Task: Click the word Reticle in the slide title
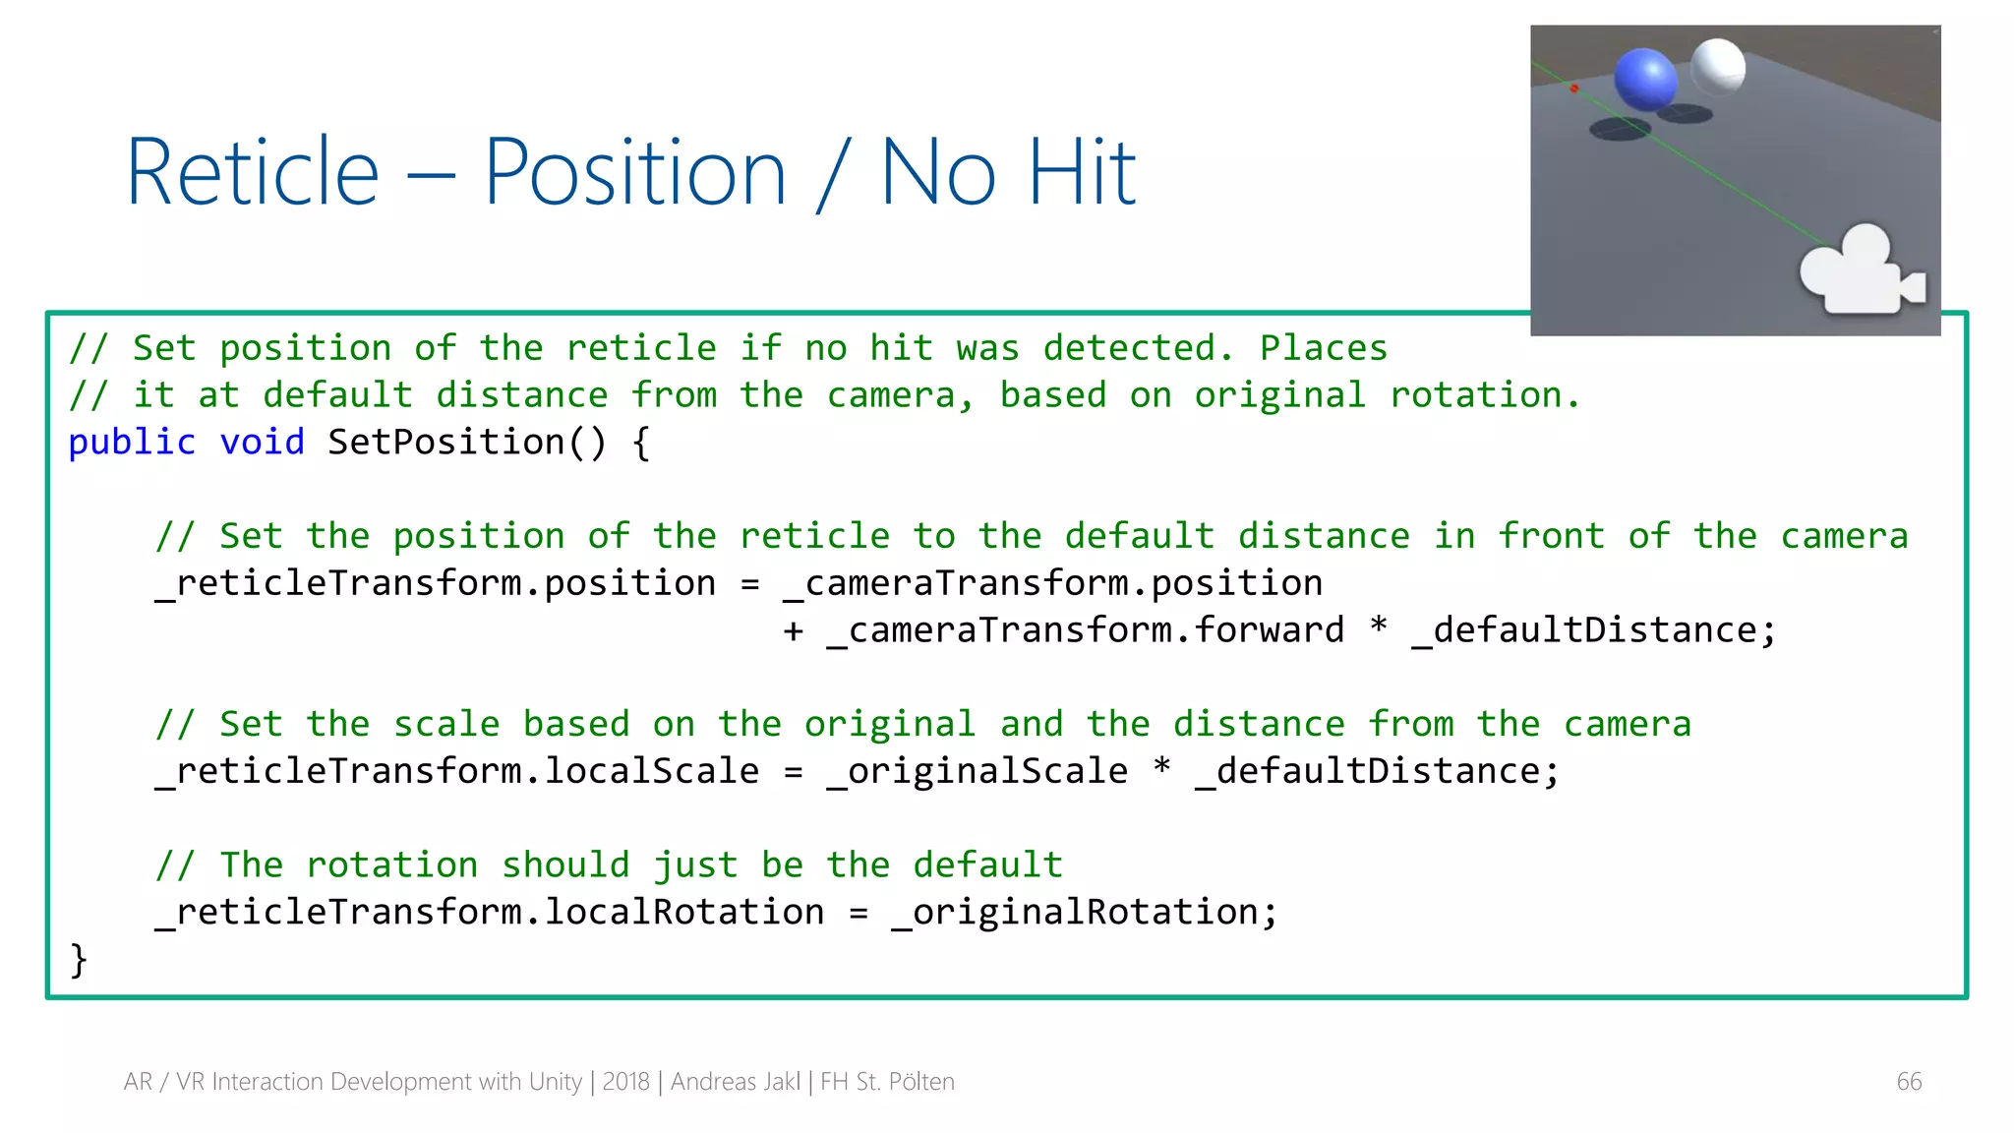[x=253, y=173]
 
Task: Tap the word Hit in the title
[x=1082, y=173]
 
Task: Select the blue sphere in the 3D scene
[x=1645, y=79]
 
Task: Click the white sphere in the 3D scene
[x=1718, y=66]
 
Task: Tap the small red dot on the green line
[x=1574, y=89]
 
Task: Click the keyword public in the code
[x=132, y=443]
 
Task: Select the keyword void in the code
[x=262, y=443]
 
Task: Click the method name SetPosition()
[x=467, y=443]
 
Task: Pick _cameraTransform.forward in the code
[x=1085, y=630]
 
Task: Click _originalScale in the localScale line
[x=977, y=771]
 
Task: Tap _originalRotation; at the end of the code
[x=1084, y=913]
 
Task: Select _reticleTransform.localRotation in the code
[x=490, y=913]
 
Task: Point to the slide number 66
[x=1909, y=1082]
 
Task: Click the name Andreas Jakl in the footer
[x=736, y=1082]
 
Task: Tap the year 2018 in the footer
[x=625, y=1082]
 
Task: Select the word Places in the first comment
[x=1323, y=348]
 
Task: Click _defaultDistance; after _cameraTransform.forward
[x=1593, y=630]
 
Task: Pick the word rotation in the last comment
[x=391, y=865]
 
